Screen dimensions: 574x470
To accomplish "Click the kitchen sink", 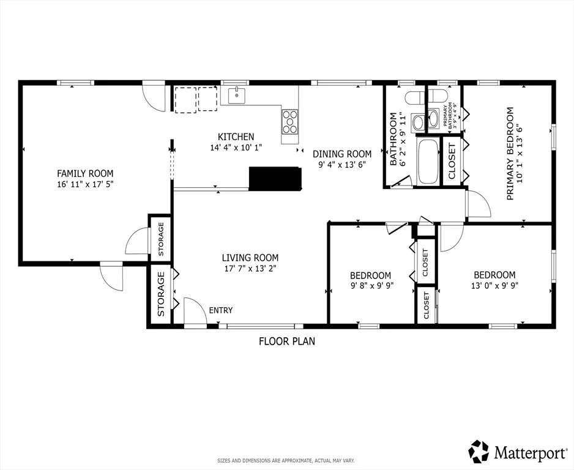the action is pyautogui.click(x=237, y=95).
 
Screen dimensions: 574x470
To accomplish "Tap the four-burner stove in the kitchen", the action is pyautogui.click(x=290, y=121).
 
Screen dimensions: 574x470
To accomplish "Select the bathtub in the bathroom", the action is pyautogui.click(x=428, y=161).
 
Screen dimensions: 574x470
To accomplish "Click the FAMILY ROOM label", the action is pyautogui.click(x=85, y=173).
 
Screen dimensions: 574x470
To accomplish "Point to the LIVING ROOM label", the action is pyautogui.click(x=250, y=257).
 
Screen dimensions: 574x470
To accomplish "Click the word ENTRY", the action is pyautogui.click(x=221, y=310).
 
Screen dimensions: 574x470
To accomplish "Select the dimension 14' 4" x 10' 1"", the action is pyautogui.click(x=236, y=147).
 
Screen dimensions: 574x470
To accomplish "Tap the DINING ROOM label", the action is pyautogui.click(x=342, y=154).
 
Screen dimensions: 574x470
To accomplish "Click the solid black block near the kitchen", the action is pyautogui.click(x=275, y=178).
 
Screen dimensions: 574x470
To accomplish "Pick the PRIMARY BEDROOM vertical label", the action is pyautogui.click(x=510, y=154).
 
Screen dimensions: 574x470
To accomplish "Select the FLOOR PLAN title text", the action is pyautogui.click(x=287, y=341).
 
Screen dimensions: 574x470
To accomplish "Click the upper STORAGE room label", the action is pyautogui.click(x=161, y=239).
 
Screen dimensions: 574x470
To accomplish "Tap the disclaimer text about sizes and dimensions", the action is pyautogui.click(x=286, y=460).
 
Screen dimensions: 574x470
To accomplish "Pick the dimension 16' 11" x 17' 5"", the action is pyautogui.click(x=85, y=184).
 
